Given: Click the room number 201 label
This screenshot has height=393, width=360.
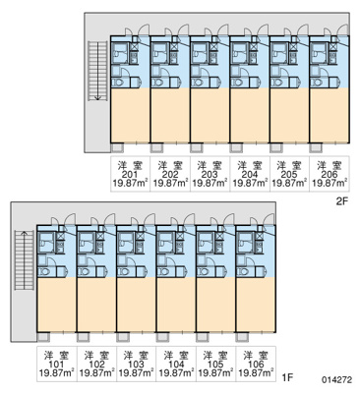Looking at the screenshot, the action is (130, 174).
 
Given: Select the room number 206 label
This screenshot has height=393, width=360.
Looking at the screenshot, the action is (330, 174).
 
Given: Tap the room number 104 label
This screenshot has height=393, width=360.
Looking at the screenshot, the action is (176, 365).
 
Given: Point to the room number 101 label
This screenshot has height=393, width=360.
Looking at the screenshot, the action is (56, 365).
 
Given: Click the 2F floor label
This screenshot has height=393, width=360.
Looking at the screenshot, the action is (341, 201).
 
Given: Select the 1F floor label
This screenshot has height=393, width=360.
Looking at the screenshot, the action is (287, 377).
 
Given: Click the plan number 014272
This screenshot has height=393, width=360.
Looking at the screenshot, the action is (337, 380).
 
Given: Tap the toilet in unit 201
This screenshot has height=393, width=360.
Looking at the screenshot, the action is (117, 83).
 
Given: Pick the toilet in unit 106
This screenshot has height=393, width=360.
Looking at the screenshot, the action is (243, 272).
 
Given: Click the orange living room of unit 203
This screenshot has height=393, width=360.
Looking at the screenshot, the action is (210, 115).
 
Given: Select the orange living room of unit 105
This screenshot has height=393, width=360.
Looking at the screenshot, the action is (215, 305).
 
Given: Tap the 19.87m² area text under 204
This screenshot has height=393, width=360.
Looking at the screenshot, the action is (250, 183).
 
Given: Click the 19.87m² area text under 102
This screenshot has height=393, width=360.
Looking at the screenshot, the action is (96, 372).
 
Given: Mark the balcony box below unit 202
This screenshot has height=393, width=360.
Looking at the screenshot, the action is (156, 148).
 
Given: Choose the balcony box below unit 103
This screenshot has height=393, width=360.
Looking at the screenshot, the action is (123, 337).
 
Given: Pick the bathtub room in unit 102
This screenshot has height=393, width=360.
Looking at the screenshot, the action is (86, 243).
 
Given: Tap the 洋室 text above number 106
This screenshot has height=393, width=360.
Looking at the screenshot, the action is (256, 356).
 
